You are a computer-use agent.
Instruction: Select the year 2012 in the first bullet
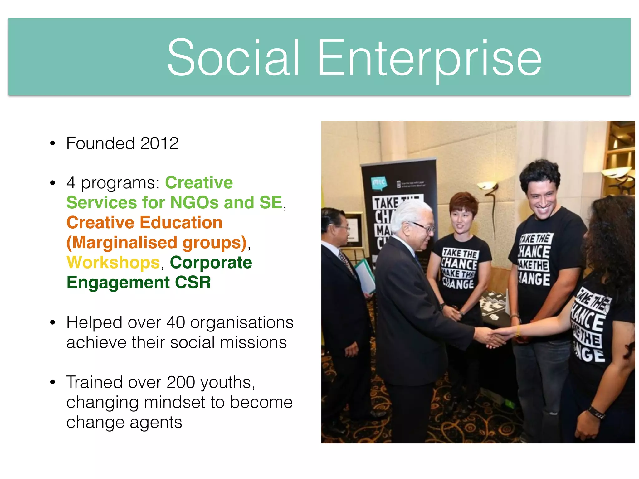click(159, 143)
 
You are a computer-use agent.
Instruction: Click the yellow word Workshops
click(113, 263)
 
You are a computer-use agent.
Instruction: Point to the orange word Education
click(181, 223)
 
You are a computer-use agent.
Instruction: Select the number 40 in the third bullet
click(176, 322)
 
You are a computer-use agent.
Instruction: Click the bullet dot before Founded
click(52, 144)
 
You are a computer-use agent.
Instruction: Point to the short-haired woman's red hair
click(463, 203)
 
